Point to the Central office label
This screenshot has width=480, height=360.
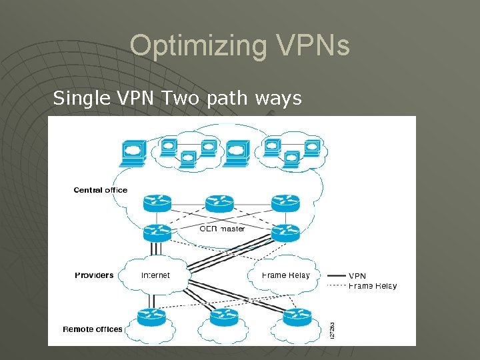100,190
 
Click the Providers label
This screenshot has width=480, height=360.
94,275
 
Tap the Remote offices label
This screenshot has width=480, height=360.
93,329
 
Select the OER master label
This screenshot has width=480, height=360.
222,229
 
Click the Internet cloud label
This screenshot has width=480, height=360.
155,275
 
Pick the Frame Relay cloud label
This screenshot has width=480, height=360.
286,275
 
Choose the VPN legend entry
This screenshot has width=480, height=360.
357,275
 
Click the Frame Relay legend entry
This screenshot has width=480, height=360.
372,286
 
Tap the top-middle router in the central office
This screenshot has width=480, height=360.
219,201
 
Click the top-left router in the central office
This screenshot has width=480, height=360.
157,201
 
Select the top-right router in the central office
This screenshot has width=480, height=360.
285,201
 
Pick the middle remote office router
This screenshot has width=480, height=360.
223,317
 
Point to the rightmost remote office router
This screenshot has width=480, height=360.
297,317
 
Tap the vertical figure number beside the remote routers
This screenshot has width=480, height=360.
332,330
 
